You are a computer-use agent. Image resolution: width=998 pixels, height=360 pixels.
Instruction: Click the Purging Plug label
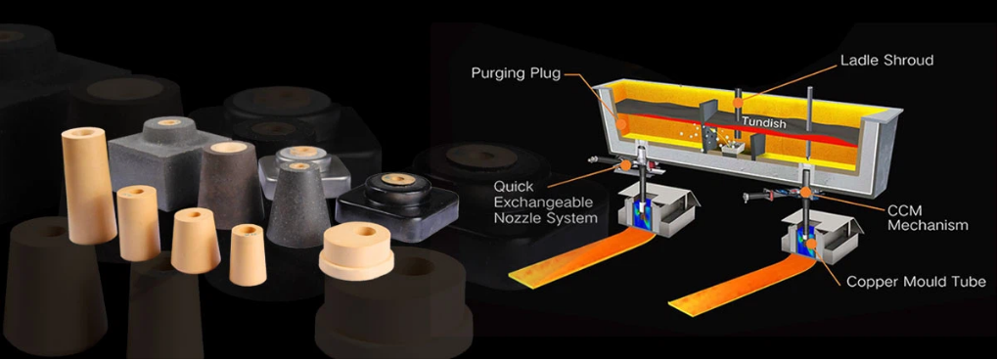coord(517,73)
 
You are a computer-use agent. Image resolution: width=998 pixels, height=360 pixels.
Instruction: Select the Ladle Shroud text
coord(886,61)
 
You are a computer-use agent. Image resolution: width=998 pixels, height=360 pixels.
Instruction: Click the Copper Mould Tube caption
coord(916,281)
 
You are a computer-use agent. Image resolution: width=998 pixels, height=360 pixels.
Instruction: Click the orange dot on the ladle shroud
coord(739,102)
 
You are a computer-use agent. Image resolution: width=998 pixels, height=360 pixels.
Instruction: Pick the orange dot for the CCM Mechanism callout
coord(805,192)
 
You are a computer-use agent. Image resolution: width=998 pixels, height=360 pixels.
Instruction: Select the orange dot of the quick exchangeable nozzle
coord(626,165)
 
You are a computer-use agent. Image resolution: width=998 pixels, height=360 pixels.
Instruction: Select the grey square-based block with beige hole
coord(167,161)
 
